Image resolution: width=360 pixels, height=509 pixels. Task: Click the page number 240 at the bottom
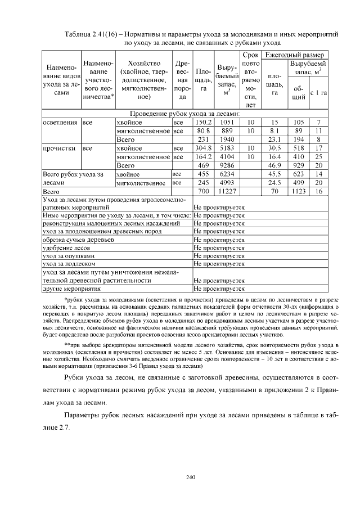(x=190, y=478)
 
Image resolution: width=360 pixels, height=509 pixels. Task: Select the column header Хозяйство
(x=144, y=62)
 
